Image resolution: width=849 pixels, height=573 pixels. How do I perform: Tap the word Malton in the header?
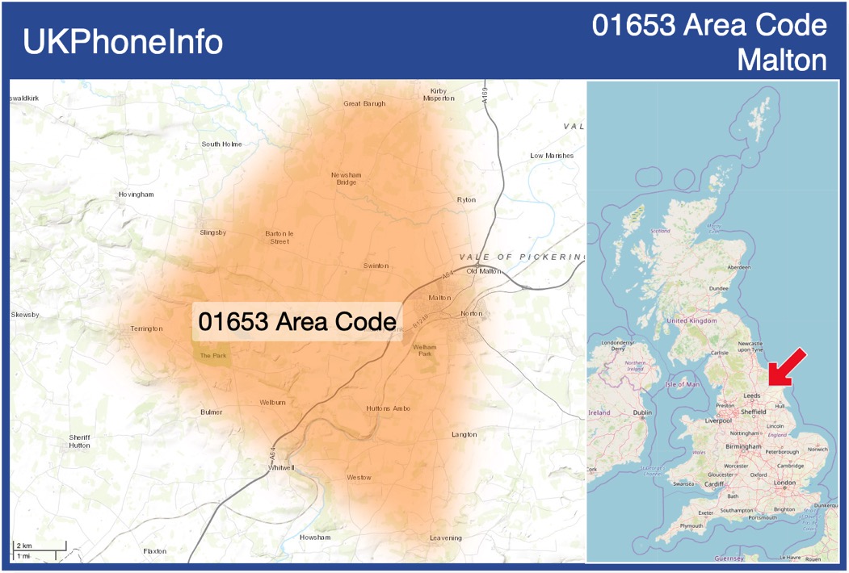[782, 61]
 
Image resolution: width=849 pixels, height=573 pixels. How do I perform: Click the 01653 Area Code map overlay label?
[297, 321]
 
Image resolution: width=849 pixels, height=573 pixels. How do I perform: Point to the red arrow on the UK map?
[786, 366]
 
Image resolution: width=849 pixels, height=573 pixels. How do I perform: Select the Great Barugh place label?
[364, 103]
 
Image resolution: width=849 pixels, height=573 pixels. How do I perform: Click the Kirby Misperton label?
[439, 94]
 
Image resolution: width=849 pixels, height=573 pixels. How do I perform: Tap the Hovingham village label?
[136, 194]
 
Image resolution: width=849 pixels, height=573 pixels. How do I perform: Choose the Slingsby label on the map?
[213, 232]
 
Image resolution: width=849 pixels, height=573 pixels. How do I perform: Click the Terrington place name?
[146, 328]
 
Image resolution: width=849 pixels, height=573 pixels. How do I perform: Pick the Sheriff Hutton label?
[79, 441]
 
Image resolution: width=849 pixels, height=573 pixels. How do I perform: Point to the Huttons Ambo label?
[388, 408]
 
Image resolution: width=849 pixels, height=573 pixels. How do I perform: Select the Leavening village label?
[445, 537]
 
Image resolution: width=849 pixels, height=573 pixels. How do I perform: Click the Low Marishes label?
[552, 155]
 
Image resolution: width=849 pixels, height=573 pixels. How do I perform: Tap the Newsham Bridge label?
[346, 178]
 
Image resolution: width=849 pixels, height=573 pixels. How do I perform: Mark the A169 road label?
[485, 96]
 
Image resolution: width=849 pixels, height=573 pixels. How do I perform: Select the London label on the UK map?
[784, 483]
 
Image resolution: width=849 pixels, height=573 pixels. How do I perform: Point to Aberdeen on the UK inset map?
[738, 267]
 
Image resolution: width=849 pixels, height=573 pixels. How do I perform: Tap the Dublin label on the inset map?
[643, 412]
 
